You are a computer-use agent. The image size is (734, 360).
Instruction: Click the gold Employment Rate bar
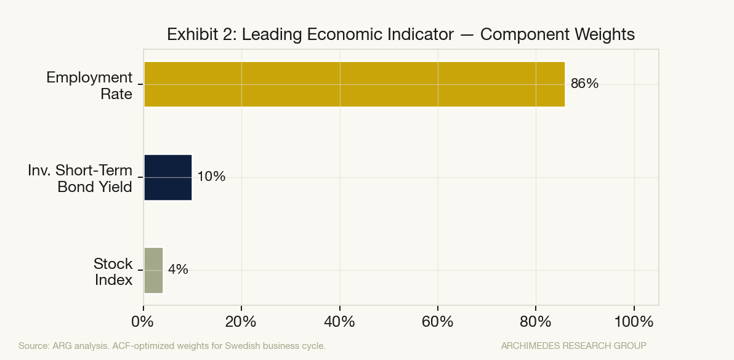click(354, 84)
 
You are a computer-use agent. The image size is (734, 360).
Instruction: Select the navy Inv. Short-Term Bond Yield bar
click(167, 177)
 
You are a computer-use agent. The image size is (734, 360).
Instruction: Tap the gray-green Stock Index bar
click(153, 270)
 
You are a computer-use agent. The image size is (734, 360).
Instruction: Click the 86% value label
click(584, 84)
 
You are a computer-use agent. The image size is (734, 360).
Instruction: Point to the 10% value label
click(211, 177)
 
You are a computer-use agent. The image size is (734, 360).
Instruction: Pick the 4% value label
click(178, 270)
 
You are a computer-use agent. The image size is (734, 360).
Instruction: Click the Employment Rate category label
click(89, 86)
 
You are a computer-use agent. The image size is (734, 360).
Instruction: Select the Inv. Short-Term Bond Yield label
click(80, 178)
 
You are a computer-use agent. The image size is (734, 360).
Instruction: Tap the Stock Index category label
click(113, 271)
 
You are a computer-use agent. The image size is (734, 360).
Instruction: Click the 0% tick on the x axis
click(143, 321)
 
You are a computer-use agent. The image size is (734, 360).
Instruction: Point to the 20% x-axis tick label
click(241, 321)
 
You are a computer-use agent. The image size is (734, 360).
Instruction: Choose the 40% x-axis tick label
click(339, 321)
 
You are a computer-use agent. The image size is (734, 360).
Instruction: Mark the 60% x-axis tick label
click(437, 321)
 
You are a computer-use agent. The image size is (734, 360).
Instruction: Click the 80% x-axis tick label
click(536, 321)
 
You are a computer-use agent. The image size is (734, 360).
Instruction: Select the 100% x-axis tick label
click(634, 321)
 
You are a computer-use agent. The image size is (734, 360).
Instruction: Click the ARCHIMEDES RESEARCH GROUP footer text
click(573, 346)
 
